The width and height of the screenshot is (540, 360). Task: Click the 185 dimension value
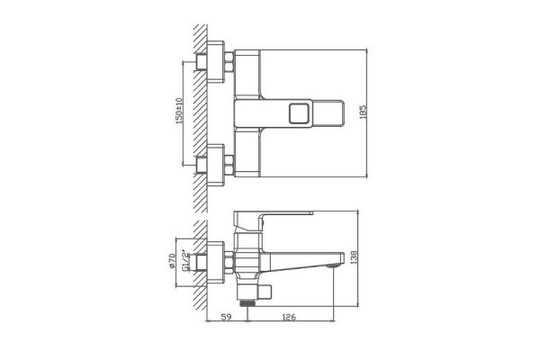(x=363, y=112)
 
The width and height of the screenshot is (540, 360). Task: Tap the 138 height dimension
(x=354, y=257)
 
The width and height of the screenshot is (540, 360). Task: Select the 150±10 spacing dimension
(x=179, y=111)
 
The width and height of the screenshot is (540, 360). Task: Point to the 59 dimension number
(x=226, y=317)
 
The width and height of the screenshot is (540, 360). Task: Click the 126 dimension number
(x=289, y=317)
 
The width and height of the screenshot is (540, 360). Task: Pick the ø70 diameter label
(x=172, y=261)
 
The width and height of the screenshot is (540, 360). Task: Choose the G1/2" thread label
(x=185, y=260)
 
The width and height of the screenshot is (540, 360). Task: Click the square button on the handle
(x=299, y=113)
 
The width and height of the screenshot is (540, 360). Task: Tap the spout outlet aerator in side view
(x=333, y=265)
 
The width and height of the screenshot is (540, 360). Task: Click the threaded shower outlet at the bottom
(x=247, y=302)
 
